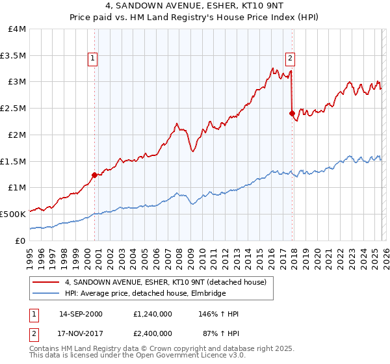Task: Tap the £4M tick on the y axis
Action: (x=18, y=29)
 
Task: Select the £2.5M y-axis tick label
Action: (x=14, y=108)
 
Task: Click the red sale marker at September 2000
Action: (x=94, y=174)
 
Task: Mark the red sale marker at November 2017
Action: (x=292, y=112)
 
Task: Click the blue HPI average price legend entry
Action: (x=144, y=294)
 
